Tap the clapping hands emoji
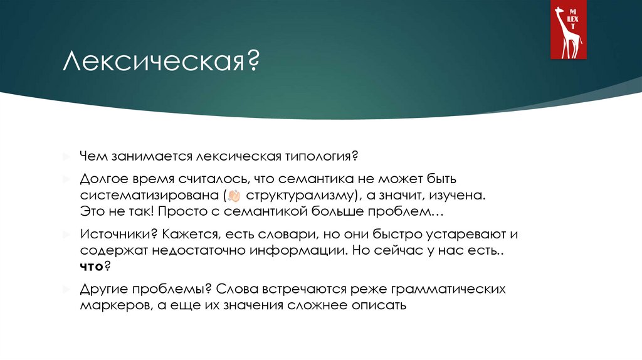point(236,196)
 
